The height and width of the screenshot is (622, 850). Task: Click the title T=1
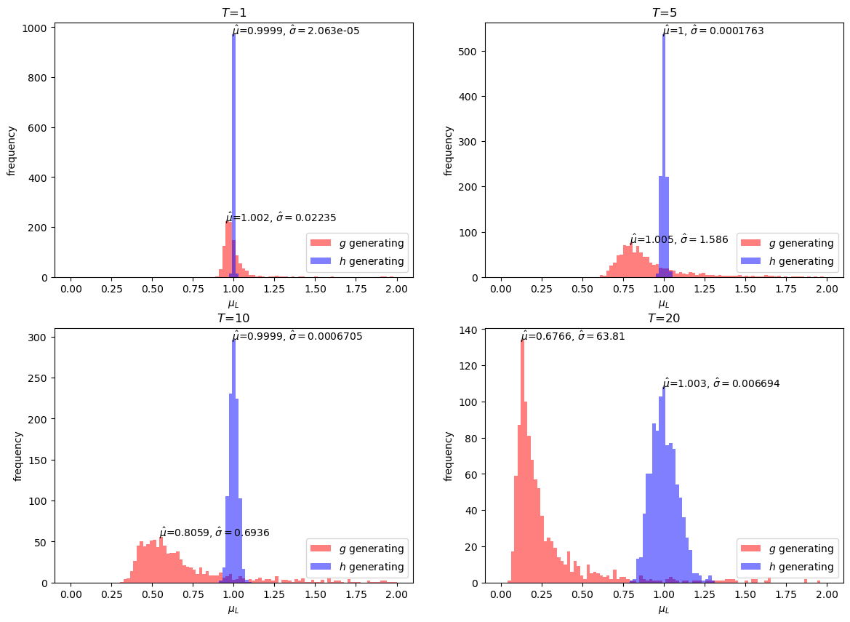coord(233,12)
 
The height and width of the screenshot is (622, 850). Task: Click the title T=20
coord(664,318)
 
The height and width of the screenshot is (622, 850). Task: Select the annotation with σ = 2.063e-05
coord(296,31)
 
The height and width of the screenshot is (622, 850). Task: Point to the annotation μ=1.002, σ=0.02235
coord(281,218)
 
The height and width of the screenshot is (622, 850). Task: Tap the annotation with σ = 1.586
coord(678,239)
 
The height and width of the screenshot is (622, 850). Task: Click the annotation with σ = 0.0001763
coord(713,31)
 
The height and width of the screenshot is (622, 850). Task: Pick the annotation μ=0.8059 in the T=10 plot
coord(214,533)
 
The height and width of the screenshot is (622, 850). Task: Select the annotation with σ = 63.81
coord(572,336)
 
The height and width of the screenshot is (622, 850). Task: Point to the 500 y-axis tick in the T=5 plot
coord(470,52)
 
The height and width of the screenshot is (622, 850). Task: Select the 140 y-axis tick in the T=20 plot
coord(468,330)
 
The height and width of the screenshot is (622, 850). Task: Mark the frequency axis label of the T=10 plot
coord(18,456)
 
